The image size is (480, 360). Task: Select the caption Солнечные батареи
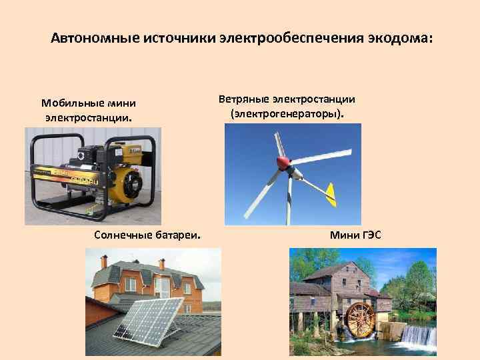149,235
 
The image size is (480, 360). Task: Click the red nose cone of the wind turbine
284,162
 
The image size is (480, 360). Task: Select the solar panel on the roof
151,318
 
